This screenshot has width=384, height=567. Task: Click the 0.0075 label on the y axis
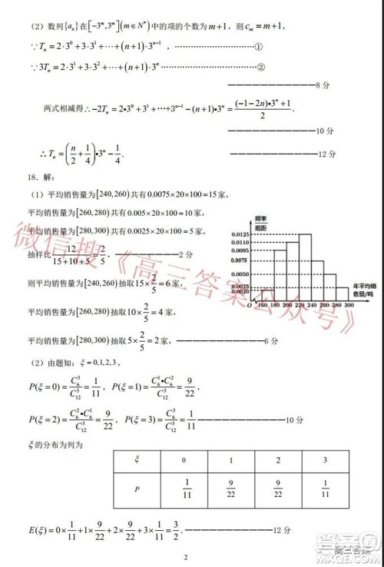tap(238, 260)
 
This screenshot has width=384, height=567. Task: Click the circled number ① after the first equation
tap(260, 45)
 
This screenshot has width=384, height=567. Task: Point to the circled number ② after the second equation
tap(260, 65)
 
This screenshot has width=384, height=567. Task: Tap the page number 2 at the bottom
tap(185, 558)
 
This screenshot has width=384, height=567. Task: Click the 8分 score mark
tap(322, 85)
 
